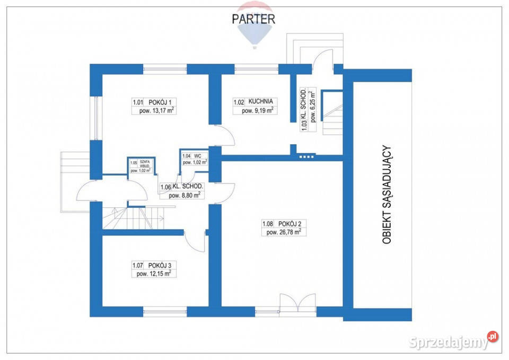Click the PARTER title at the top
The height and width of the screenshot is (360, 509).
pos(253,19)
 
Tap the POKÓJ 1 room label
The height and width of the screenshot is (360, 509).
pos(160,102)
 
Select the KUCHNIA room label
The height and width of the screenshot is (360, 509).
pos(261,101)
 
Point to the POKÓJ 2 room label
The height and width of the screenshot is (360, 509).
pos(290,224)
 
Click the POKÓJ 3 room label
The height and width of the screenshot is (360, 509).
pos(160,265)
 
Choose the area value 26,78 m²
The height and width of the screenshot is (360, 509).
pos(284,232)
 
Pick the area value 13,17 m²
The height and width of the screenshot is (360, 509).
pos(157,110)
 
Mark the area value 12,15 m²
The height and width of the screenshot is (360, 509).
pos(154,274)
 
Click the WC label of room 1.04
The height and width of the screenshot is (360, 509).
pos(197,156)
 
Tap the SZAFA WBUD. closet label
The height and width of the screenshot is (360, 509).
pos(144,164)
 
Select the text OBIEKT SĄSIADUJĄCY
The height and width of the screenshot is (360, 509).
pos(387,195)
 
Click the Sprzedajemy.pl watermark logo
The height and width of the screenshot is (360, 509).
pos(453,341)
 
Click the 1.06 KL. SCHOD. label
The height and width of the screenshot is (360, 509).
pos(182,187)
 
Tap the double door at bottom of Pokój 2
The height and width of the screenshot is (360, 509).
pos(297,303)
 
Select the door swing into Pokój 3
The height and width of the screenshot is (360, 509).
pos(195,241)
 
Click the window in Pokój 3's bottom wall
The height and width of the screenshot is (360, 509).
pos(165,312)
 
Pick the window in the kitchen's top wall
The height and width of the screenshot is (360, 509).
pos(257,69)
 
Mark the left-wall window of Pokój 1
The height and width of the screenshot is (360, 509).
pos(96,118)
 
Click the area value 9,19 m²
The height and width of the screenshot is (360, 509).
pos(258,110)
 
